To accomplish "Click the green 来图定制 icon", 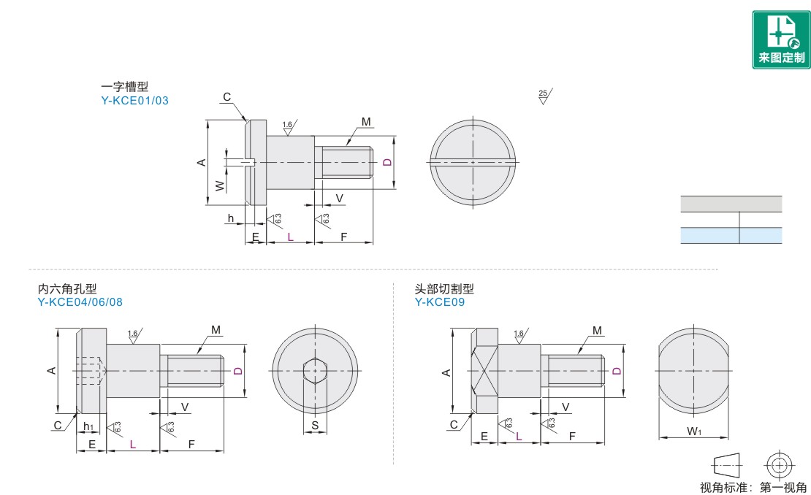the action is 781,39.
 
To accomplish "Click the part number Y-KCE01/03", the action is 134,101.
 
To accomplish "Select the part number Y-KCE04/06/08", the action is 80,302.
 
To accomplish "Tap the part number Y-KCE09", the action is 439,302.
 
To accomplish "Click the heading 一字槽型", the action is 125,86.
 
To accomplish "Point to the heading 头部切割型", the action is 443,288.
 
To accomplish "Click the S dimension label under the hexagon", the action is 315,426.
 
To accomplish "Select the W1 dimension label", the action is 694,431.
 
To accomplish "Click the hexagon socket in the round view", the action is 315,370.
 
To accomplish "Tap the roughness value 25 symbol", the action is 544,96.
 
